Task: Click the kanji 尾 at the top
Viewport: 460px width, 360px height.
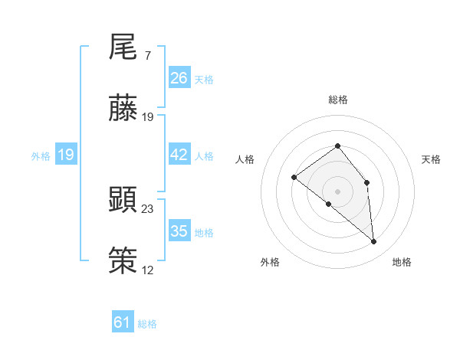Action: (x=123, y=48)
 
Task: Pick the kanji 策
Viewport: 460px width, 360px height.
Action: (x=123, y=260)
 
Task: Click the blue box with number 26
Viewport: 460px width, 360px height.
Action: (x=179, y=78)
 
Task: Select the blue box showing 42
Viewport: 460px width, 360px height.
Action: (x=179, y=155)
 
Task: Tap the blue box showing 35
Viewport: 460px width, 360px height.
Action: (x=179, y=231)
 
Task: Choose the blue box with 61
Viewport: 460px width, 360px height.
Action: (x=123, y=322)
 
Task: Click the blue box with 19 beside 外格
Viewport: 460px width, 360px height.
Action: (x=66, y=155)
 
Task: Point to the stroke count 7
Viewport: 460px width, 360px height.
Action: (x=147, y=56)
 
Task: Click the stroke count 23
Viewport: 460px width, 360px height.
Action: (x=148, y=208)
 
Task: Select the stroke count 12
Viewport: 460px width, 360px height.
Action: (x=148, y=269)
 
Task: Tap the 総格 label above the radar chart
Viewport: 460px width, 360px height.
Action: (x=337, y=100)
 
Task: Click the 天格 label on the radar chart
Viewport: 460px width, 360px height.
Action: (x=431, y=159)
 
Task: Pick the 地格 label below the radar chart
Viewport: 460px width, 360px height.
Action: (x=402, y=262)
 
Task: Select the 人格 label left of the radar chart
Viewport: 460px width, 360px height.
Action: (x=245, y=159)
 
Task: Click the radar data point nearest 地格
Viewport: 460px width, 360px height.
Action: (x=373, y=242)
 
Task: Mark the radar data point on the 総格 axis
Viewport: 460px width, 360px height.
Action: (x=337, y=146)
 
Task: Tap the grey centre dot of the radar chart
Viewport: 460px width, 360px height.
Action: (x=337, y=191)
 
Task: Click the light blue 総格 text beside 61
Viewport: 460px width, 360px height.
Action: (x=147, y=324)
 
